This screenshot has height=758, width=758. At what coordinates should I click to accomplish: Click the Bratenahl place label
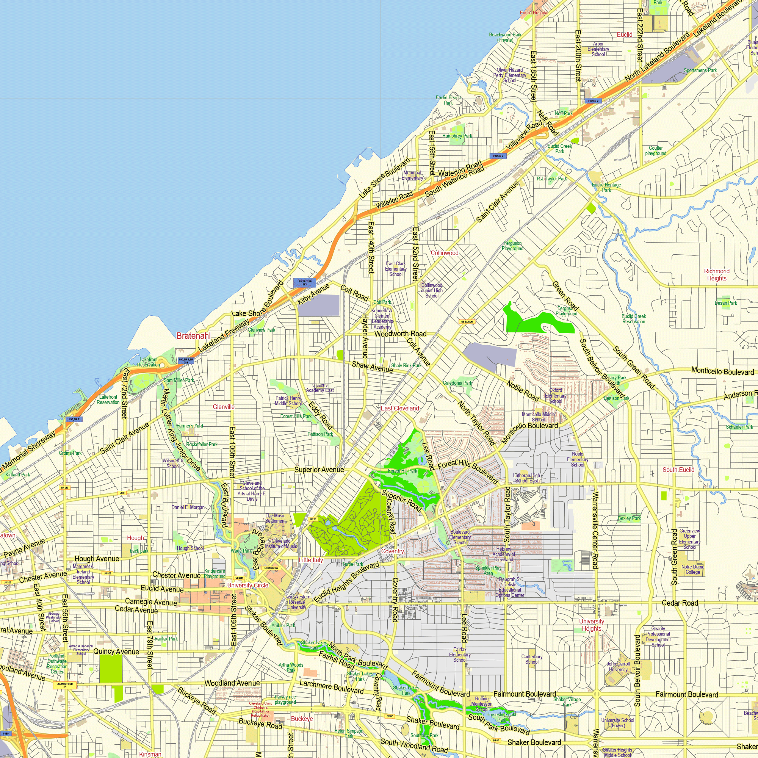point(193,336)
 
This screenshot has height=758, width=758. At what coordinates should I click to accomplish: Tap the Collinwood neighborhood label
point(445,253)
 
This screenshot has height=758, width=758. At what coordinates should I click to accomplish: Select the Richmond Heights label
point(717,275)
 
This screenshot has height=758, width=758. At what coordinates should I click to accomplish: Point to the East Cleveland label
point(400,409)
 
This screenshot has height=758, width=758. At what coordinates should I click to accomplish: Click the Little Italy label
point(311,560)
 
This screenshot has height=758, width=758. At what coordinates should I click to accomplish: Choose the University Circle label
point(247,586)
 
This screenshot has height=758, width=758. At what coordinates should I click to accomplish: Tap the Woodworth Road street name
point(400,334)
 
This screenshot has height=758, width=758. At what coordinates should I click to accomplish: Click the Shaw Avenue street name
point(372,367)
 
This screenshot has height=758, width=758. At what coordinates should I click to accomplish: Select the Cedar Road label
point(680,603)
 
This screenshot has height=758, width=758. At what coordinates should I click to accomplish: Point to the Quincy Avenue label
point(116,652)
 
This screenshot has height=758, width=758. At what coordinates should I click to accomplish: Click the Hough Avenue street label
point(97,559)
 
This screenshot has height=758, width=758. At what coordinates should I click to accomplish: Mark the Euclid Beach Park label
point(448,100)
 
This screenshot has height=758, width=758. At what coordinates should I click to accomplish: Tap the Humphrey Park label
point(457,136)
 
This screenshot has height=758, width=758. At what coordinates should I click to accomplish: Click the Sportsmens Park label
point(700,70)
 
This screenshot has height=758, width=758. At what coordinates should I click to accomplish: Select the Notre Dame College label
point(693,569)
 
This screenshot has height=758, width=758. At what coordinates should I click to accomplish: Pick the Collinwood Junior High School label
point(432,290)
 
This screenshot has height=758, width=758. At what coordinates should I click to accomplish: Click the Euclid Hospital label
point(534,13)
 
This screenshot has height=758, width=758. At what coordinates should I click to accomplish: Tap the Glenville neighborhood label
point(224,407)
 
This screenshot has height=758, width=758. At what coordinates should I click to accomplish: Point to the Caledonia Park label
point(457,383)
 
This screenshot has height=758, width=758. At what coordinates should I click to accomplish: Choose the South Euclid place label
point(678,470)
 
